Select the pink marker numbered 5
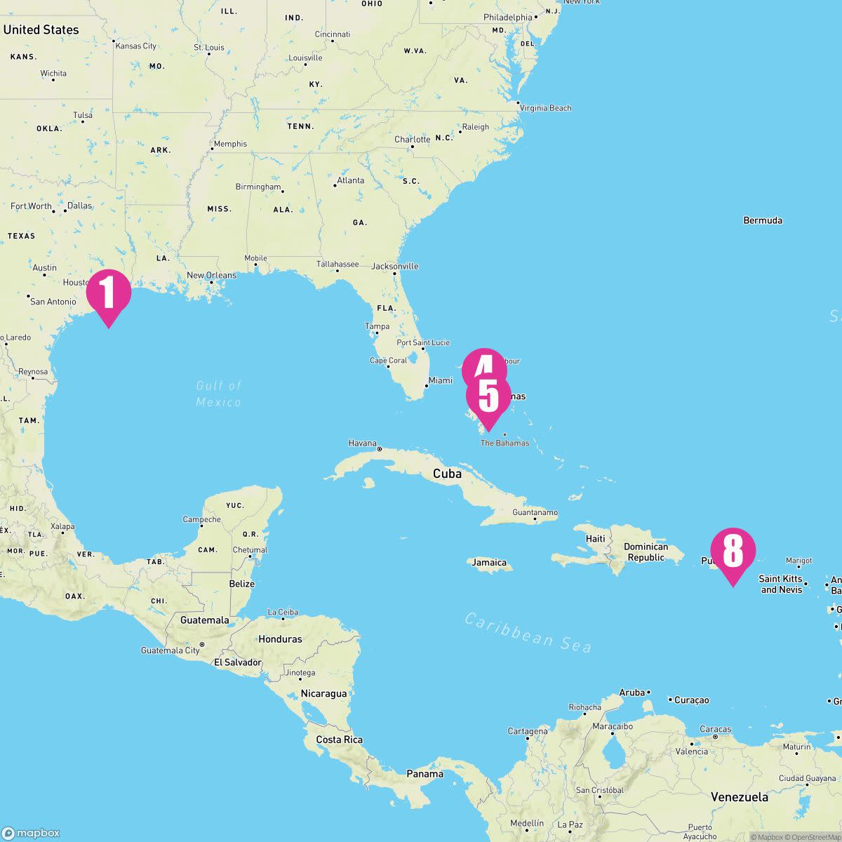tap(488, 397)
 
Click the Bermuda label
tap(763, 220)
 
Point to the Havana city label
tap(363, 443)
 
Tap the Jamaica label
tap(489, 562)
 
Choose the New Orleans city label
tap(211, 276)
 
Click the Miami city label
tap(440, 380)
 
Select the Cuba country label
tap(447, 474)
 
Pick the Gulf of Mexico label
tap(219, 394)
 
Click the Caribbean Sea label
tap(528, 632)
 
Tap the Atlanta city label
tap(350, 180)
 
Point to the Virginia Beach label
tap(546, 108)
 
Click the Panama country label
tap(425, 774)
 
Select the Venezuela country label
tap(739, 797)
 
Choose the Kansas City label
tap(136, 46)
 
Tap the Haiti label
tap(596, 539)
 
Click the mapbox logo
tap(32, 833)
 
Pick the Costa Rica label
tap(339, 740)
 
